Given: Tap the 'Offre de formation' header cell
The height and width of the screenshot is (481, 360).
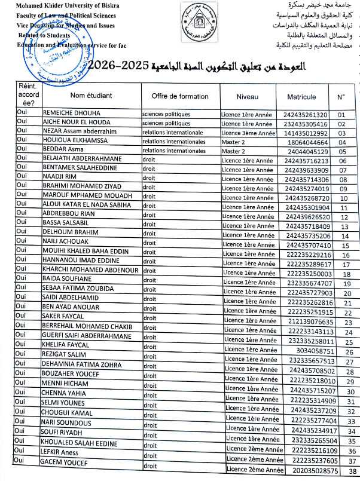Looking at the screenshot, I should [x=180, y=96].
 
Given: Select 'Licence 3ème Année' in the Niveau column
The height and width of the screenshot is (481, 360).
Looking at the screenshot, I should [x=248, y=133].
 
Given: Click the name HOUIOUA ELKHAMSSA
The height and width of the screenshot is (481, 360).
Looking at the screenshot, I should [x=71, y=142].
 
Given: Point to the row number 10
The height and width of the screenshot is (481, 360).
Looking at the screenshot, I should [x=343, y=198].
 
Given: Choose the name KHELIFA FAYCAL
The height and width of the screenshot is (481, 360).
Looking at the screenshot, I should [x=65, y=345].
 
